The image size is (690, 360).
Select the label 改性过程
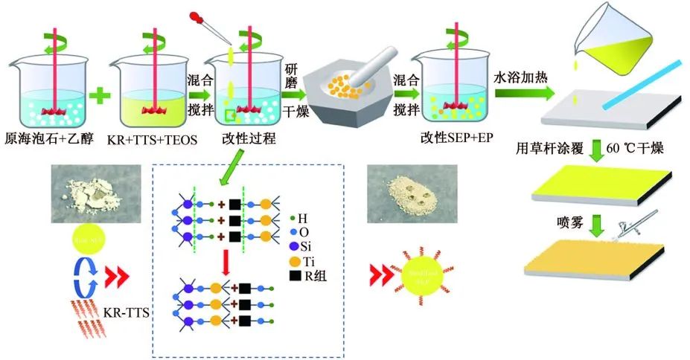(242, 138)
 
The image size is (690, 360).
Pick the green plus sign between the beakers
(103, 95)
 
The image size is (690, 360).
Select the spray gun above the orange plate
(627, 223)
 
